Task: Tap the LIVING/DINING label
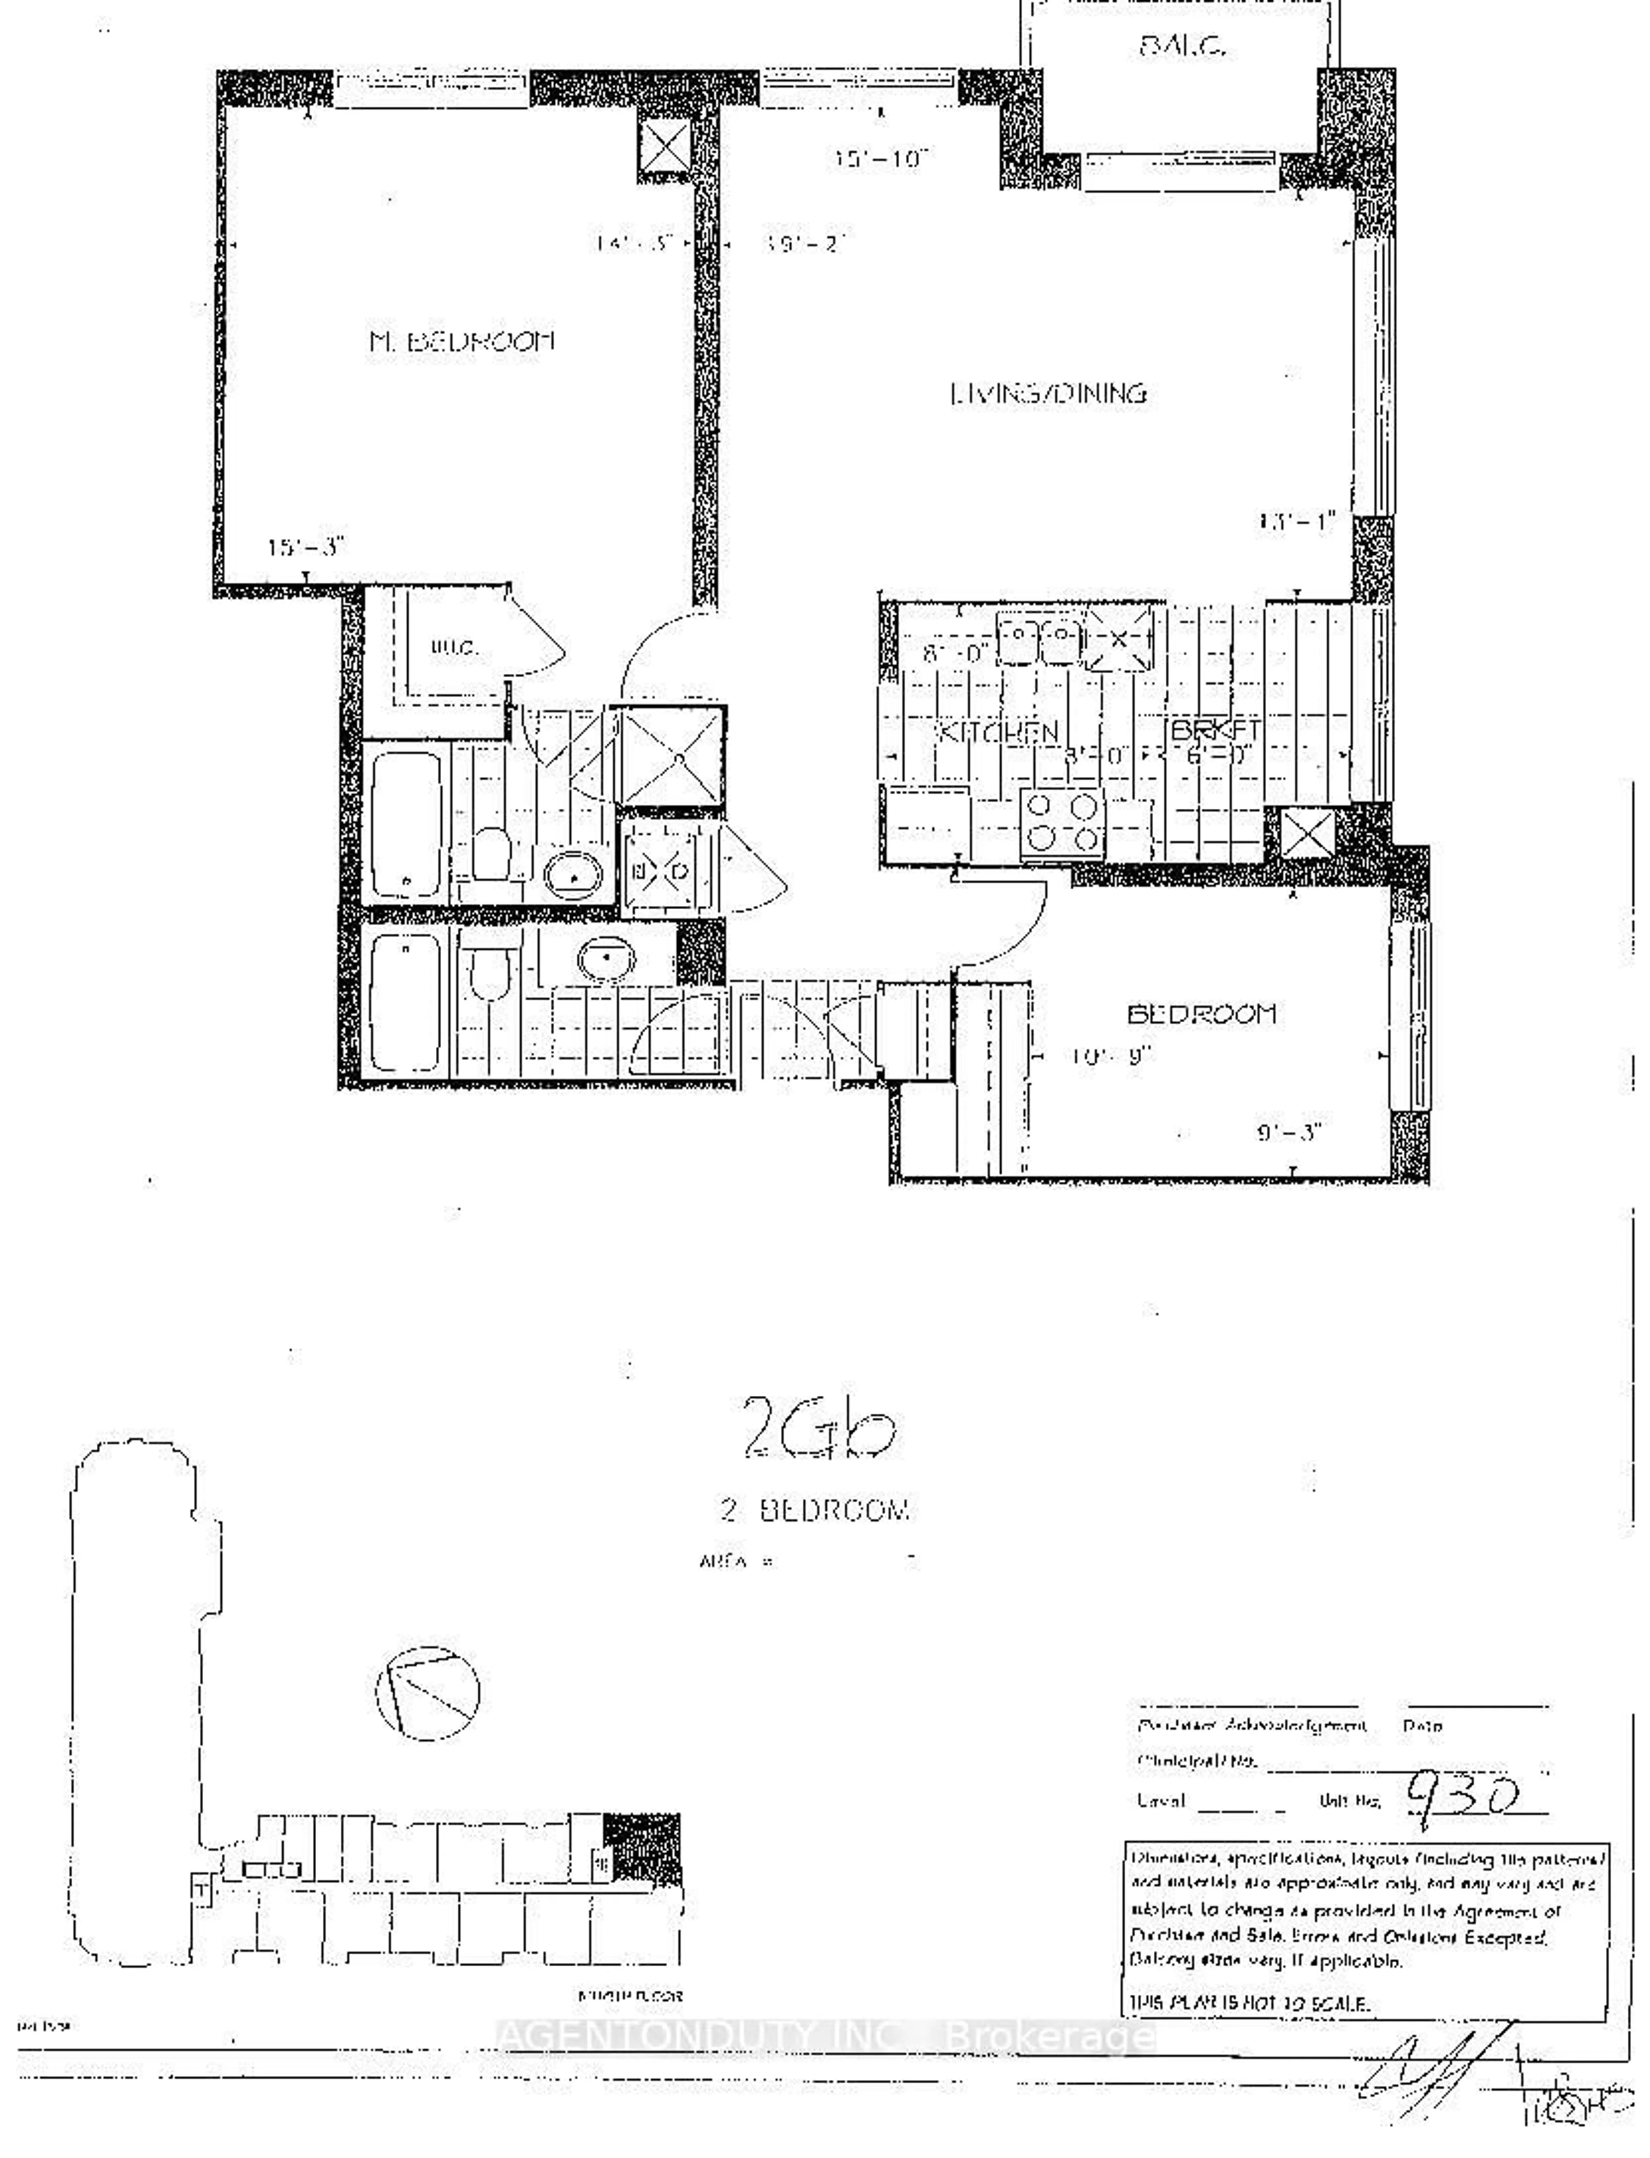pos(1048,394)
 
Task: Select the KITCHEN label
pos(999,732)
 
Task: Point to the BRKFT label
pos(1216,730)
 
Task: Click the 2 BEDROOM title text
pos(815,1510)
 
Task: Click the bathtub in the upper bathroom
pos(406,823)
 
